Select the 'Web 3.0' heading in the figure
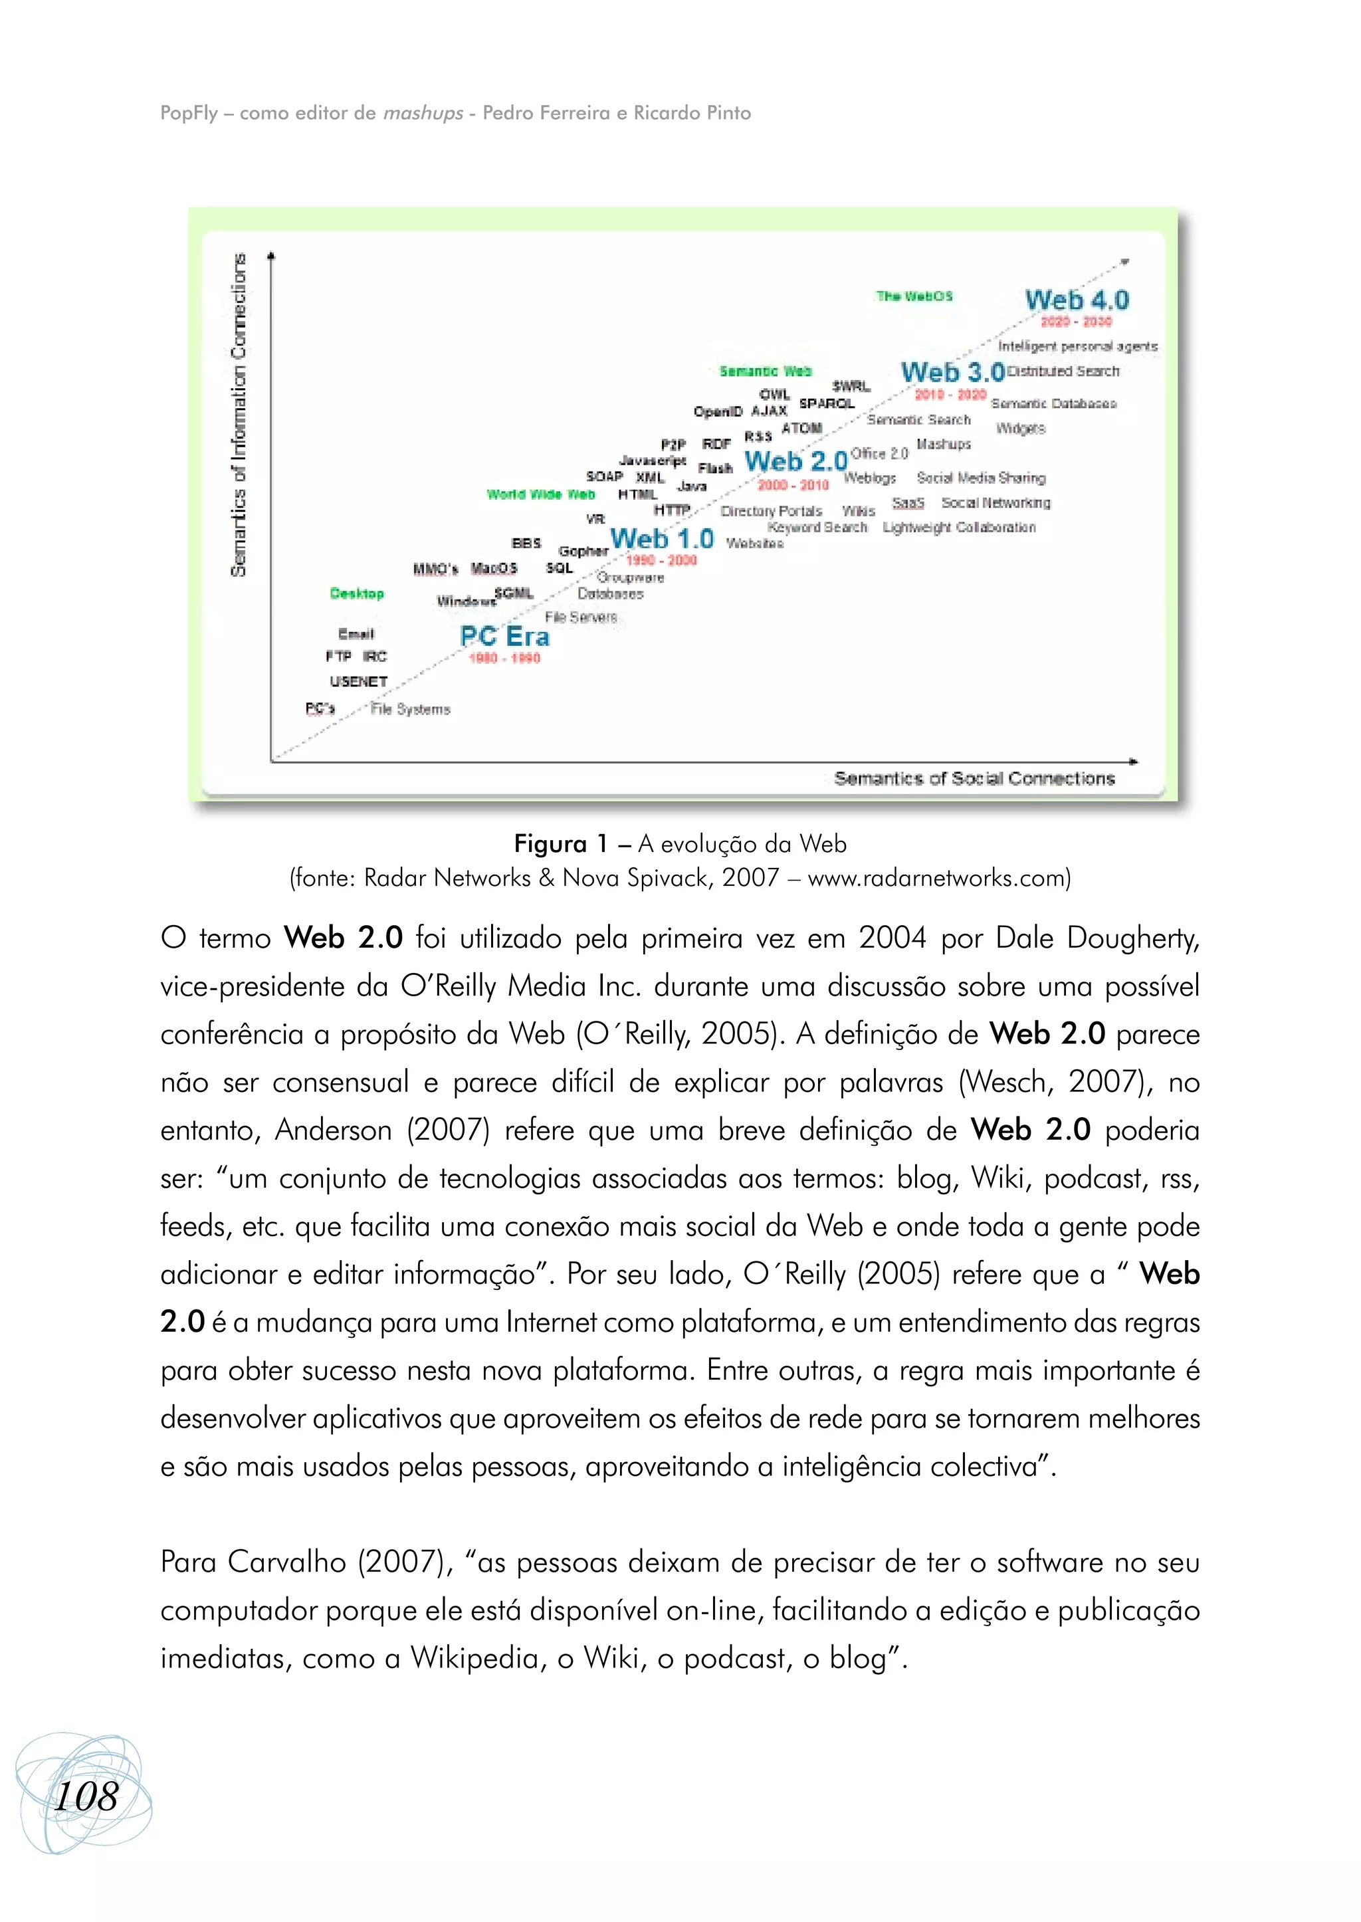point(952,372)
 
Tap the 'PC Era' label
point(504,636)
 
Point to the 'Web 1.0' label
point(662,538)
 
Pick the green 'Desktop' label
point(357,593)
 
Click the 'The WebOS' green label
point(914,296)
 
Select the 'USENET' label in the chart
point(359,681)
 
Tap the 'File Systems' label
point(411,709)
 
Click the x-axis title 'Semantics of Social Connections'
point(974,779)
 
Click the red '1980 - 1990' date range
point(504,659)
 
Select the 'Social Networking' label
point(995,503)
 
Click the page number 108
point(86,1797)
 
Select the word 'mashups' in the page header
point(423,113)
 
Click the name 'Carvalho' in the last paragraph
point(286,1562)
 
